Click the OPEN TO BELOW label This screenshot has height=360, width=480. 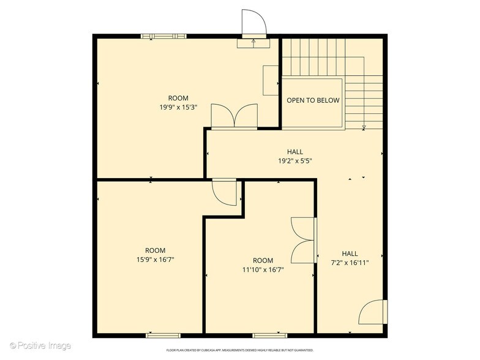pos(313,100)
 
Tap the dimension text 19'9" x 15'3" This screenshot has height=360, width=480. pos(178,107)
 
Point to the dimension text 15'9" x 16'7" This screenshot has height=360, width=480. pos(155,260)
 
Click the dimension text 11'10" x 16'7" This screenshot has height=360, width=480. pos(263,269)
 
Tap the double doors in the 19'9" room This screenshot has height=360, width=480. pos(234,116)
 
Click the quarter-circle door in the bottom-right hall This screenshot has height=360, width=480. pos(372,312)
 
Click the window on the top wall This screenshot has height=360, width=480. pos(163,36)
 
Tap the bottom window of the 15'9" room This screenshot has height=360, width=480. pos(163,335)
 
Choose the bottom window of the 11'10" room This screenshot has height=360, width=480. pos(270,335)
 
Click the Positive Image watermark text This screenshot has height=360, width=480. pos(40,346)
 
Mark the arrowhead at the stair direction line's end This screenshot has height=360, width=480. pos(364,127)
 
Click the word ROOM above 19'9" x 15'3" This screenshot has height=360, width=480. pos(178,98)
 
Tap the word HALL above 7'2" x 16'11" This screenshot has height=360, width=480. pos(350,253)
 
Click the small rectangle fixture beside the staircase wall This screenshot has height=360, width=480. pos(271,80)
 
